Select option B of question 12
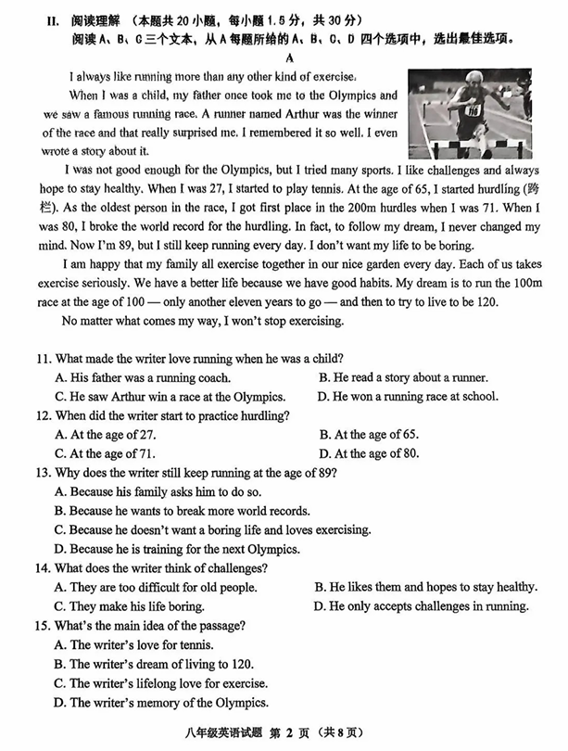[x=368, y=434]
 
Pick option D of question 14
[x=421, y=606]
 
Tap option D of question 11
[x=407, y=396]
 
